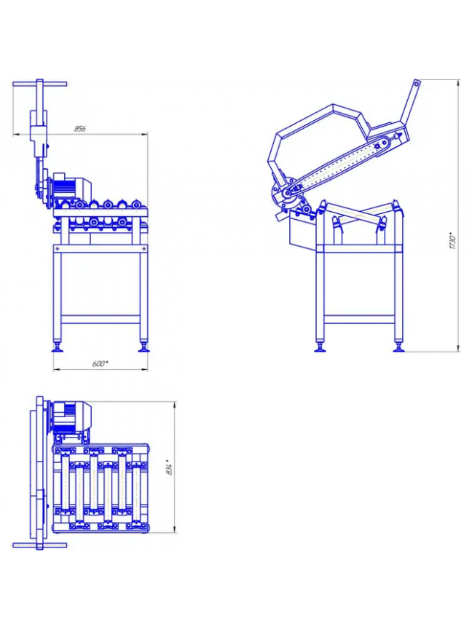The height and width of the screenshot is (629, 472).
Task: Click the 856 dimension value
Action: point(80,129)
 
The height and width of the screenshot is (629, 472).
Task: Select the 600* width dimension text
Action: point(100,364)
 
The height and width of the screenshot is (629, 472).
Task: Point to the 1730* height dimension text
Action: point(453,241)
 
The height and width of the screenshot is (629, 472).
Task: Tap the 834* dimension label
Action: point(170,467)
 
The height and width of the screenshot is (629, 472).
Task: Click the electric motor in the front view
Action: point(72,186)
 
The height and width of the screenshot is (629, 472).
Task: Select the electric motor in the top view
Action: point(71,414)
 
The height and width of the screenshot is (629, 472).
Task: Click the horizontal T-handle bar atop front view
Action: point(40,84)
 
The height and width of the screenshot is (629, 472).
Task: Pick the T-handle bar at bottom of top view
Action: point(40,545)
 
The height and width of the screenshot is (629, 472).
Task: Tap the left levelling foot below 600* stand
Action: point(58,347)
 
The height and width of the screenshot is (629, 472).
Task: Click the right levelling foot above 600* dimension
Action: point(143,347)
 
